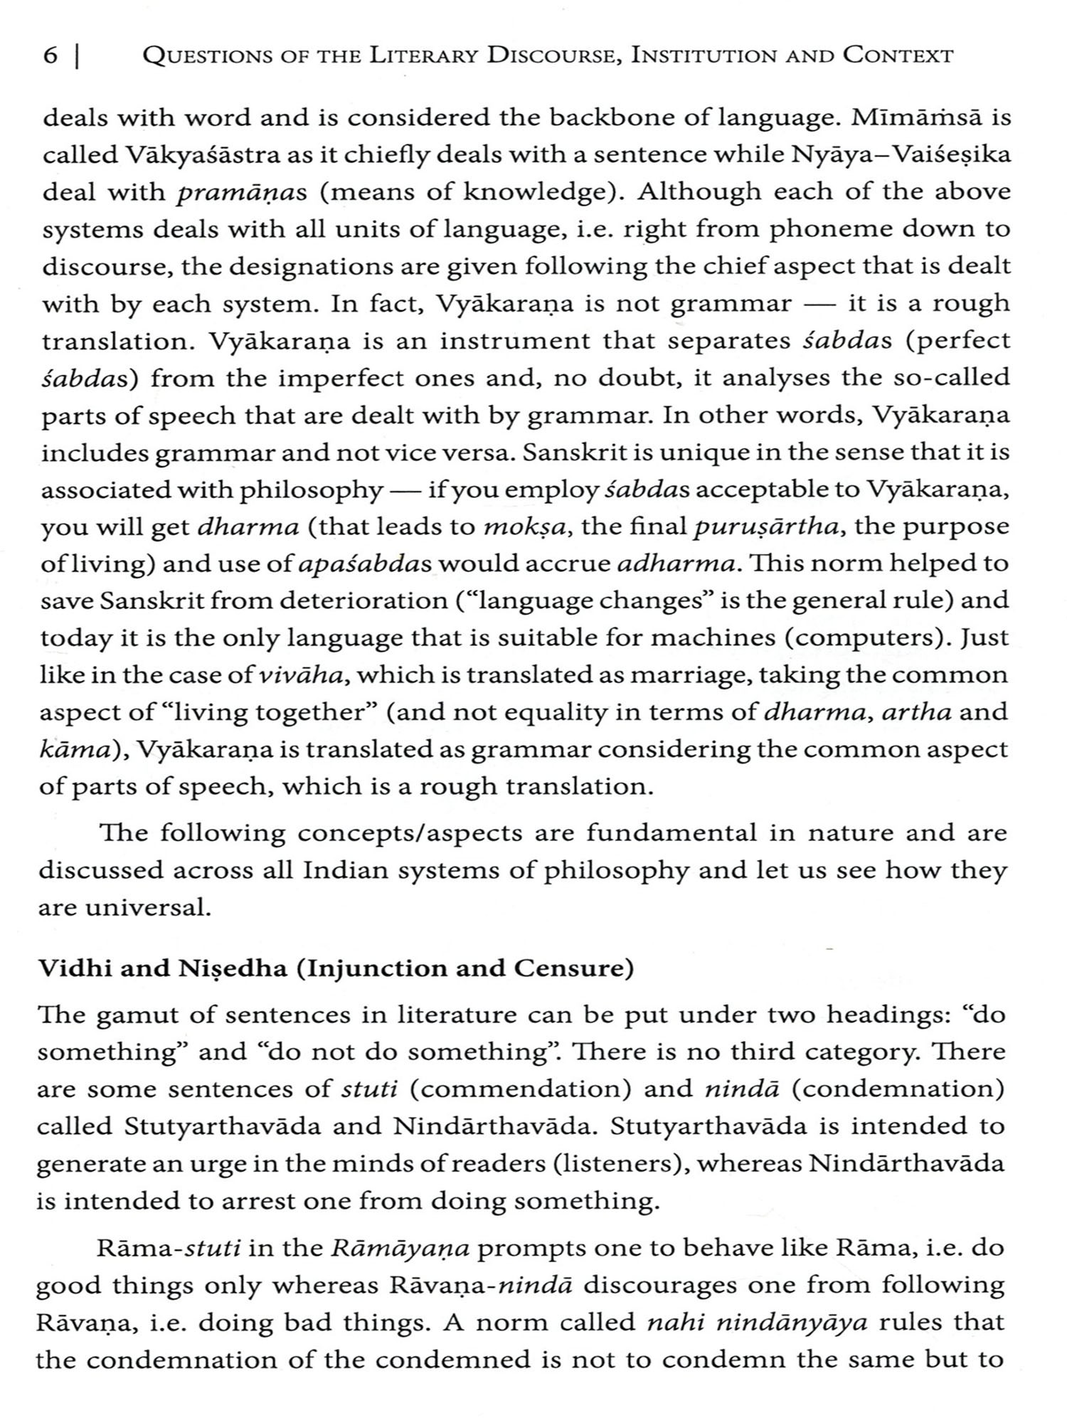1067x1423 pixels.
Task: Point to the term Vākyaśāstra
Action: click(x=185, y=154)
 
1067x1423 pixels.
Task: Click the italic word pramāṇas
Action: click(x=230, y=192)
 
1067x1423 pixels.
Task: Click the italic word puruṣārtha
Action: click(x=769, y=527)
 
